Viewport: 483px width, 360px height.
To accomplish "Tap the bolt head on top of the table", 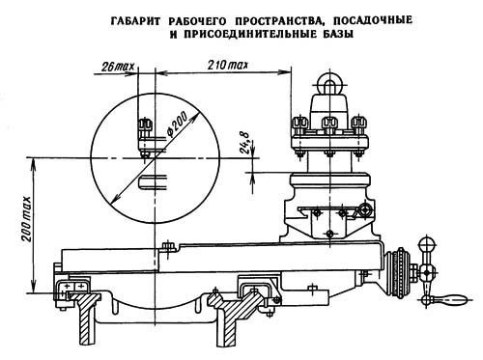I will [x=170, y=248].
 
